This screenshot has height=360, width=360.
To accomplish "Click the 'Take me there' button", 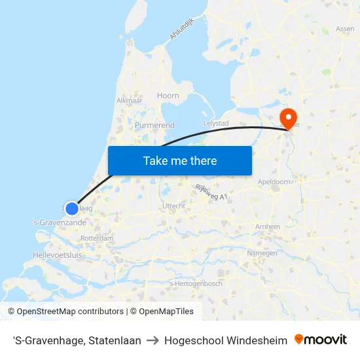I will click(x=180, y=160).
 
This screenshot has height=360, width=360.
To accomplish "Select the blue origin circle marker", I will click(x=72, y=208).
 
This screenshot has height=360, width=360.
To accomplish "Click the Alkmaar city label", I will click(x=129, y=100).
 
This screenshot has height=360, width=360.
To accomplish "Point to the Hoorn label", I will click(x=168, y=96).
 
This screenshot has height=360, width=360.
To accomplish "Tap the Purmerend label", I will click(x=154, y=124).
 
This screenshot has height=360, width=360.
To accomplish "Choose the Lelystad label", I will click(x=216, y=123).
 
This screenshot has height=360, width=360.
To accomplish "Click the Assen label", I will click(x=345, y=29).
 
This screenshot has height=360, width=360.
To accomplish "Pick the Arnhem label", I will click(x=268, y=227).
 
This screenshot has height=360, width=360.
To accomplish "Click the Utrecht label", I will click(x=173, y=206).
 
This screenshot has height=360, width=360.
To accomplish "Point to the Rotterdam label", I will click(x=97, y=238).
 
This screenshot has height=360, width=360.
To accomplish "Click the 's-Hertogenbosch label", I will click(x=196, y=283).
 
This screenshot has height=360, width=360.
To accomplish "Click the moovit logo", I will click(x=321, y=340).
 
